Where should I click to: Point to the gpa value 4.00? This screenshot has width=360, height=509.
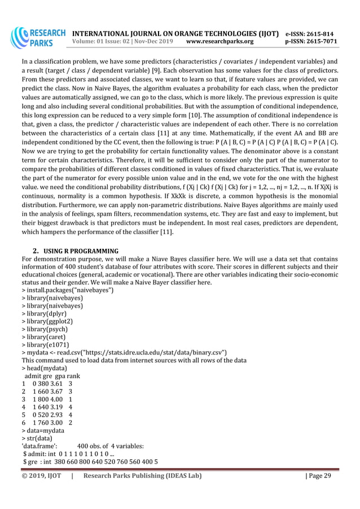(58, 398)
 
